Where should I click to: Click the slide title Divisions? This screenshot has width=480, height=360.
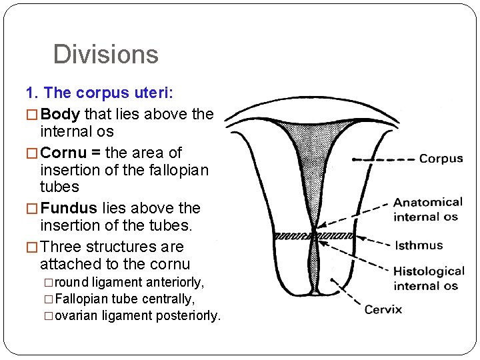[x=105, y=54]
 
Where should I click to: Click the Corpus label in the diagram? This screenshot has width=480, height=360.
[x=441, y=159]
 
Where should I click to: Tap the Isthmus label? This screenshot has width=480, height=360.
[x=418, y=245]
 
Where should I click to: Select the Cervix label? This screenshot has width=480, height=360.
[x=383, y=309]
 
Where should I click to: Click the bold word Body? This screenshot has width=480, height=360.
[x=61, y=114]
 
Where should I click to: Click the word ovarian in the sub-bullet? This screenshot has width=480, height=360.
[x=73, y=315]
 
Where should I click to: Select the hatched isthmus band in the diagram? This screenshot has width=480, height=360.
[x=313, y=235]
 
